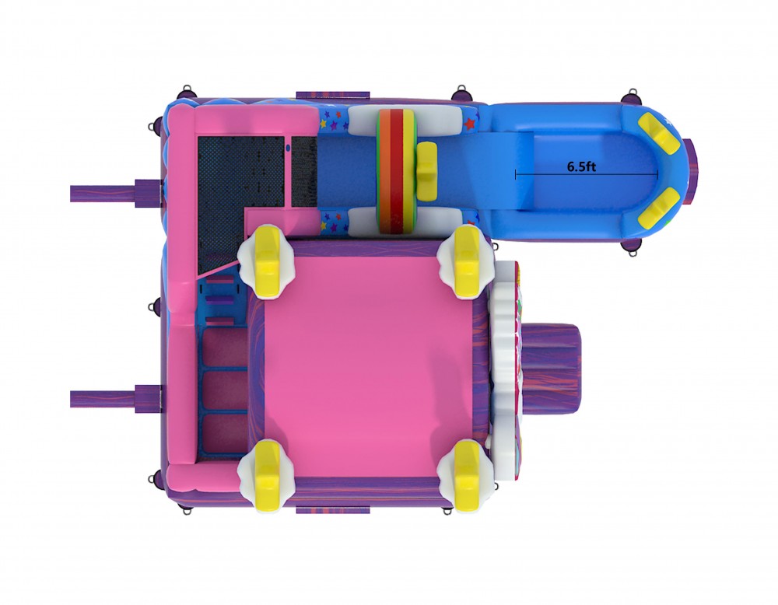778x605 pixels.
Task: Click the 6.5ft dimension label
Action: click(581, 166)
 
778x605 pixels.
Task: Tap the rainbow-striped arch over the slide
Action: click(395, 171)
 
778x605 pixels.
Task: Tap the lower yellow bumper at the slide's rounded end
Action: click(659, 206)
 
